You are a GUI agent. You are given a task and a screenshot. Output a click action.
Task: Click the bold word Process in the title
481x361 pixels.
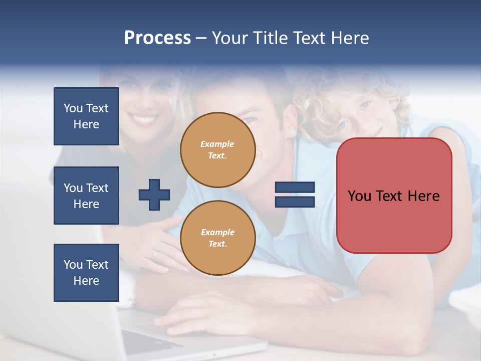[157, 38]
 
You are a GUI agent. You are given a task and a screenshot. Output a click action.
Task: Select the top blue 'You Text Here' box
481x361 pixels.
[86, 116]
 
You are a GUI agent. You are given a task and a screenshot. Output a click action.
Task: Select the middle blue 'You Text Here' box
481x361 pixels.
[86, 196]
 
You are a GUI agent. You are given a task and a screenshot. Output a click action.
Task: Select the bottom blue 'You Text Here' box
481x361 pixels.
[86, 273]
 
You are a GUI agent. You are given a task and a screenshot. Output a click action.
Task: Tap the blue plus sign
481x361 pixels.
[154, 195]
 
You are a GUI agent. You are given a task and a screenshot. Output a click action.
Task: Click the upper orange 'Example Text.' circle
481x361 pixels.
[218, 150]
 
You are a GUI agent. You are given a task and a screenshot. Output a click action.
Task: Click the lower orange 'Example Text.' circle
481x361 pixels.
[218, 238]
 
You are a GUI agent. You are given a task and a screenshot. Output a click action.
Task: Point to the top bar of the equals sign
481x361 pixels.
[295, 188]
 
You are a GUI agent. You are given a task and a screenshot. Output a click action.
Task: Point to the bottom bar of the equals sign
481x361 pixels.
[295, 202]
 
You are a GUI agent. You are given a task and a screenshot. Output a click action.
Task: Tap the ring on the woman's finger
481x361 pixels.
[155, 254]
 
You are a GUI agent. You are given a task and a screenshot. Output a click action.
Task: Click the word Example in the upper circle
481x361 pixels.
[217, 144]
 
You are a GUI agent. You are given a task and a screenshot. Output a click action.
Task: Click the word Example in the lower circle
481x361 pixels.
[217, 232]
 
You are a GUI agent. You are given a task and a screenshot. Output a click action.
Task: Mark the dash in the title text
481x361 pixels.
[201, 38]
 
